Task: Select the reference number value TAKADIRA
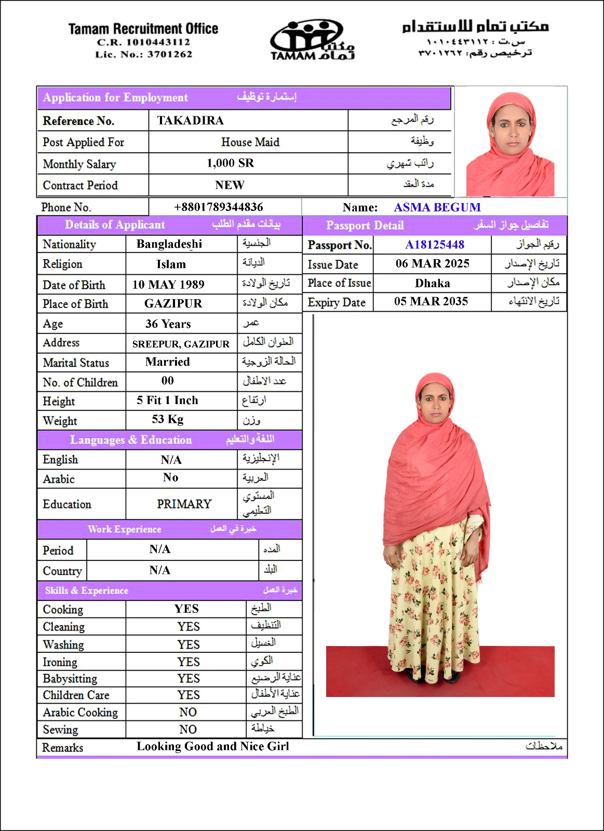coord(190,120)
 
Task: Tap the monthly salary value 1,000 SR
coord(230,163)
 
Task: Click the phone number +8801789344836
coord(218,207)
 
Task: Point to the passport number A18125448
coord(435,245)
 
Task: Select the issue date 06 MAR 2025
coord(432,263)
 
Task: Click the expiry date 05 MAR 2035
coord(431,301)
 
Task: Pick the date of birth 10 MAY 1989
coord(168,285)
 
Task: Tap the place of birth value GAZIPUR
coord(173,303)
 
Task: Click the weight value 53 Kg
coord(167,419)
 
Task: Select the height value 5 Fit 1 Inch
coord(167,400)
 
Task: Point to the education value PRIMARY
coord(184,504)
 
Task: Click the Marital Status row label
coord(76,363)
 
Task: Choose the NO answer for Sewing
coord(187,729)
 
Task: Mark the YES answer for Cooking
coord(186,609)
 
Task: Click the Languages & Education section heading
coord(131,440)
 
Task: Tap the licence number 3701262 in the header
coord(169,54)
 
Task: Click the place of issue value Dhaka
coord(432,283)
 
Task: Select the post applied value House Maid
coord(250,142)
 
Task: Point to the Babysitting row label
coord(70,678)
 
